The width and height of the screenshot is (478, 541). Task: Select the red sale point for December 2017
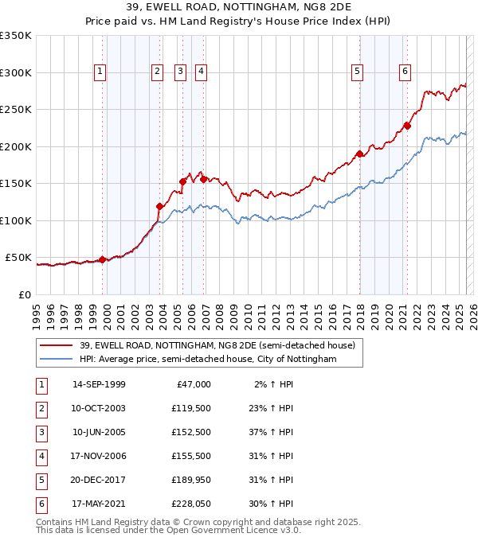(x=360, y=154)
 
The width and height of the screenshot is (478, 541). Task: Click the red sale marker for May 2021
(x=407, y=125)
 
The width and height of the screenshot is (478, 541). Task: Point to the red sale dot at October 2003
(x=160, y=206)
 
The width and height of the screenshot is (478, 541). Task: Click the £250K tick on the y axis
(x=16, y=110)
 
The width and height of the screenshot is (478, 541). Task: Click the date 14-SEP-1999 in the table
(x=99, y=384)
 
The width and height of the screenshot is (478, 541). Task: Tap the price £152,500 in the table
(x=191, y=432)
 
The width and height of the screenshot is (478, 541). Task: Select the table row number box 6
(x=41, y=504)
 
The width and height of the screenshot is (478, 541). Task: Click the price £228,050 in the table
(x=191, y=504)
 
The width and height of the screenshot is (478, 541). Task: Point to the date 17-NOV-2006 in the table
(x=99, y=456)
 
